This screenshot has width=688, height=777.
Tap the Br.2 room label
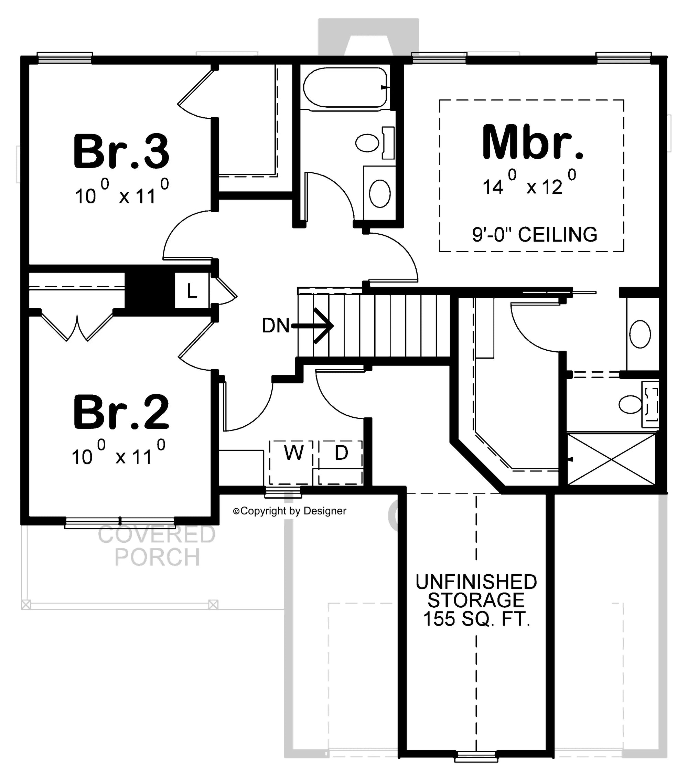121,412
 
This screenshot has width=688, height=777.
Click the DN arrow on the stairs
312,326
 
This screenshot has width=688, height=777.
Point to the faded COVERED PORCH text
157,545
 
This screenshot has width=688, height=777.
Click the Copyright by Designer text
290,511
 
